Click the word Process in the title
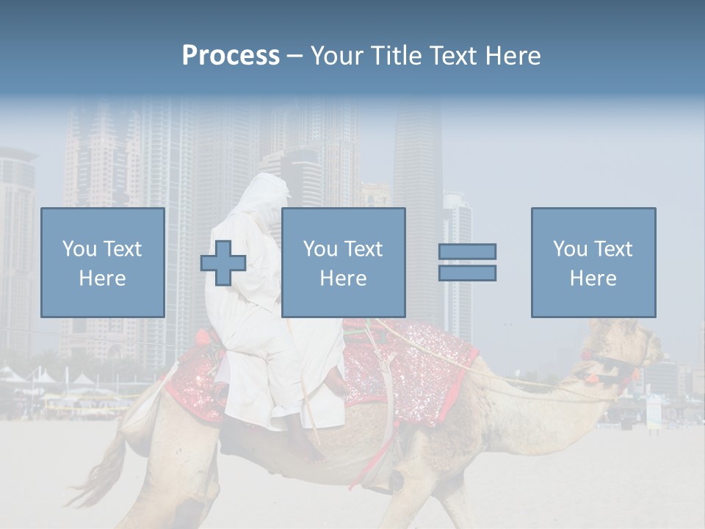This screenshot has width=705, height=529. (x=231, y=55)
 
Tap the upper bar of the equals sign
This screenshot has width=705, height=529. (x=467, y=251)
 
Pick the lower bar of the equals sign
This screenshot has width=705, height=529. (x=467, y=273)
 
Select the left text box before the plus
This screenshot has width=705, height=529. (x=102, y=262)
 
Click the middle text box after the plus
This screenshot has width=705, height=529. (x=343, y=262)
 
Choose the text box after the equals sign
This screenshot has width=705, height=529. (x=593, y=262)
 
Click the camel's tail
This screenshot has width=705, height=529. (x=103, y=470)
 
